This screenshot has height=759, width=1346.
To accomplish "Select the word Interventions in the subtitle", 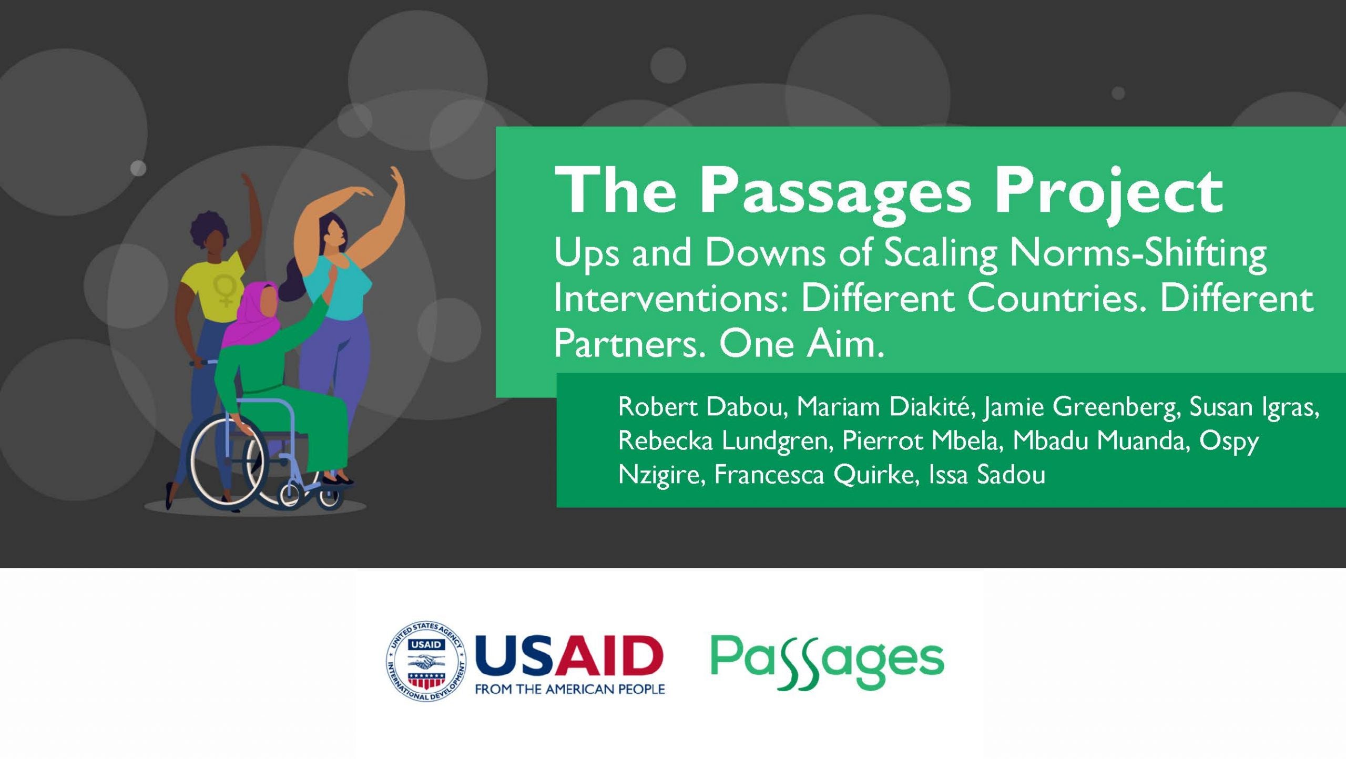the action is (671, 298).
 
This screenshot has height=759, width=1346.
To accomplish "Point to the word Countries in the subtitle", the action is (1057, 298).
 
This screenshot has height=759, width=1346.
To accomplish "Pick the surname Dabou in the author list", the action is (747, 407).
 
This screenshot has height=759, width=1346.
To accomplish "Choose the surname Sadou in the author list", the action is (1011, 475).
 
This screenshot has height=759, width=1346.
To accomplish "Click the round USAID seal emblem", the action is (426, 661).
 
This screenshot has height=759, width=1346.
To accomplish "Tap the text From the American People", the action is (570, 689).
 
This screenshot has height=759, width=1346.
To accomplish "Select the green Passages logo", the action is (827, 661).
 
